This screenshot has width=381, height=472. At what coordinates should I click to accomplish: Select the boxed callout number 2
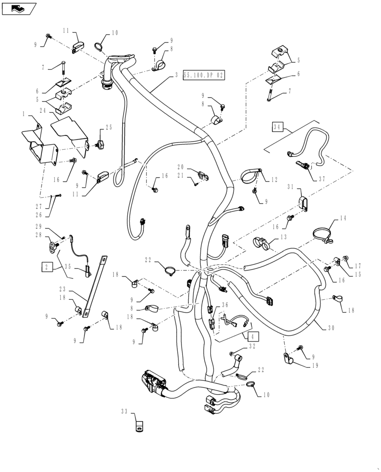click(47, 267)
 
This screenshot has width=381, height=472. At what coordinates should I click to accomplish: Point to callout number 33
click(124, 412)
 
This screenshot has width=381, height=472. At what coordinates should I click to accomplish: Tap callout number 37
click(322, 178)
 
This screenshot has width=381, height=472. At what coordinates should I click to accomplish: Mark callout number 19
click(315, 365)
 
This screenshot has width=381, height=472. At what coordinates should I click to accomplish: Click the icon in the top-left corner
click(18, 8)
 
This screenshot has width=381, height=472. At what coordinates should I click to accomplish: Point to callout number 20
click(181, 167)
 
